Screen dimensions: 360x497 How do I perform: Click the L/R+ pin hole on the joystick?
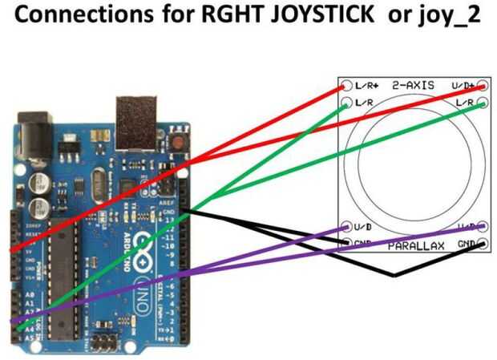pos(347,85)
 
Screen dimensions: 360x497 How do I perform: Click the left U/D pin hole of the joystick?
pos(347,227)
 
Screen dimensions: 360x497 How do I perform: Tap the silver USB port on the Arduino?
pos(135,121)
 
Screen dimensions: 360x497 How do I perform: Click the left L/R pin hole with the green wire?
pos(347,103)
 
